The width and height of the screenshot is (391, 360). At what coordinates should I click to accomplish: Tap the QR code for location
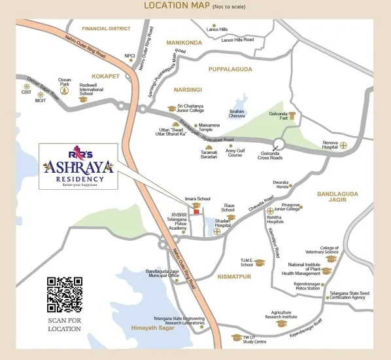64,295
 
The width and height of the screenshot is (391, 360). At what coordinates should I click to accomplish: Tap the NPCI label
129,56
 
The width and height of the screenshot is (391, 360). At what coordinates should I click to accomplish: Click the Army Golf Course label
238,154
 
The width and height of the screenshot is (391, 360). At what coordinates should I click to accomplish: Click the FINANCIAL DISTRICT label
107,29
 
